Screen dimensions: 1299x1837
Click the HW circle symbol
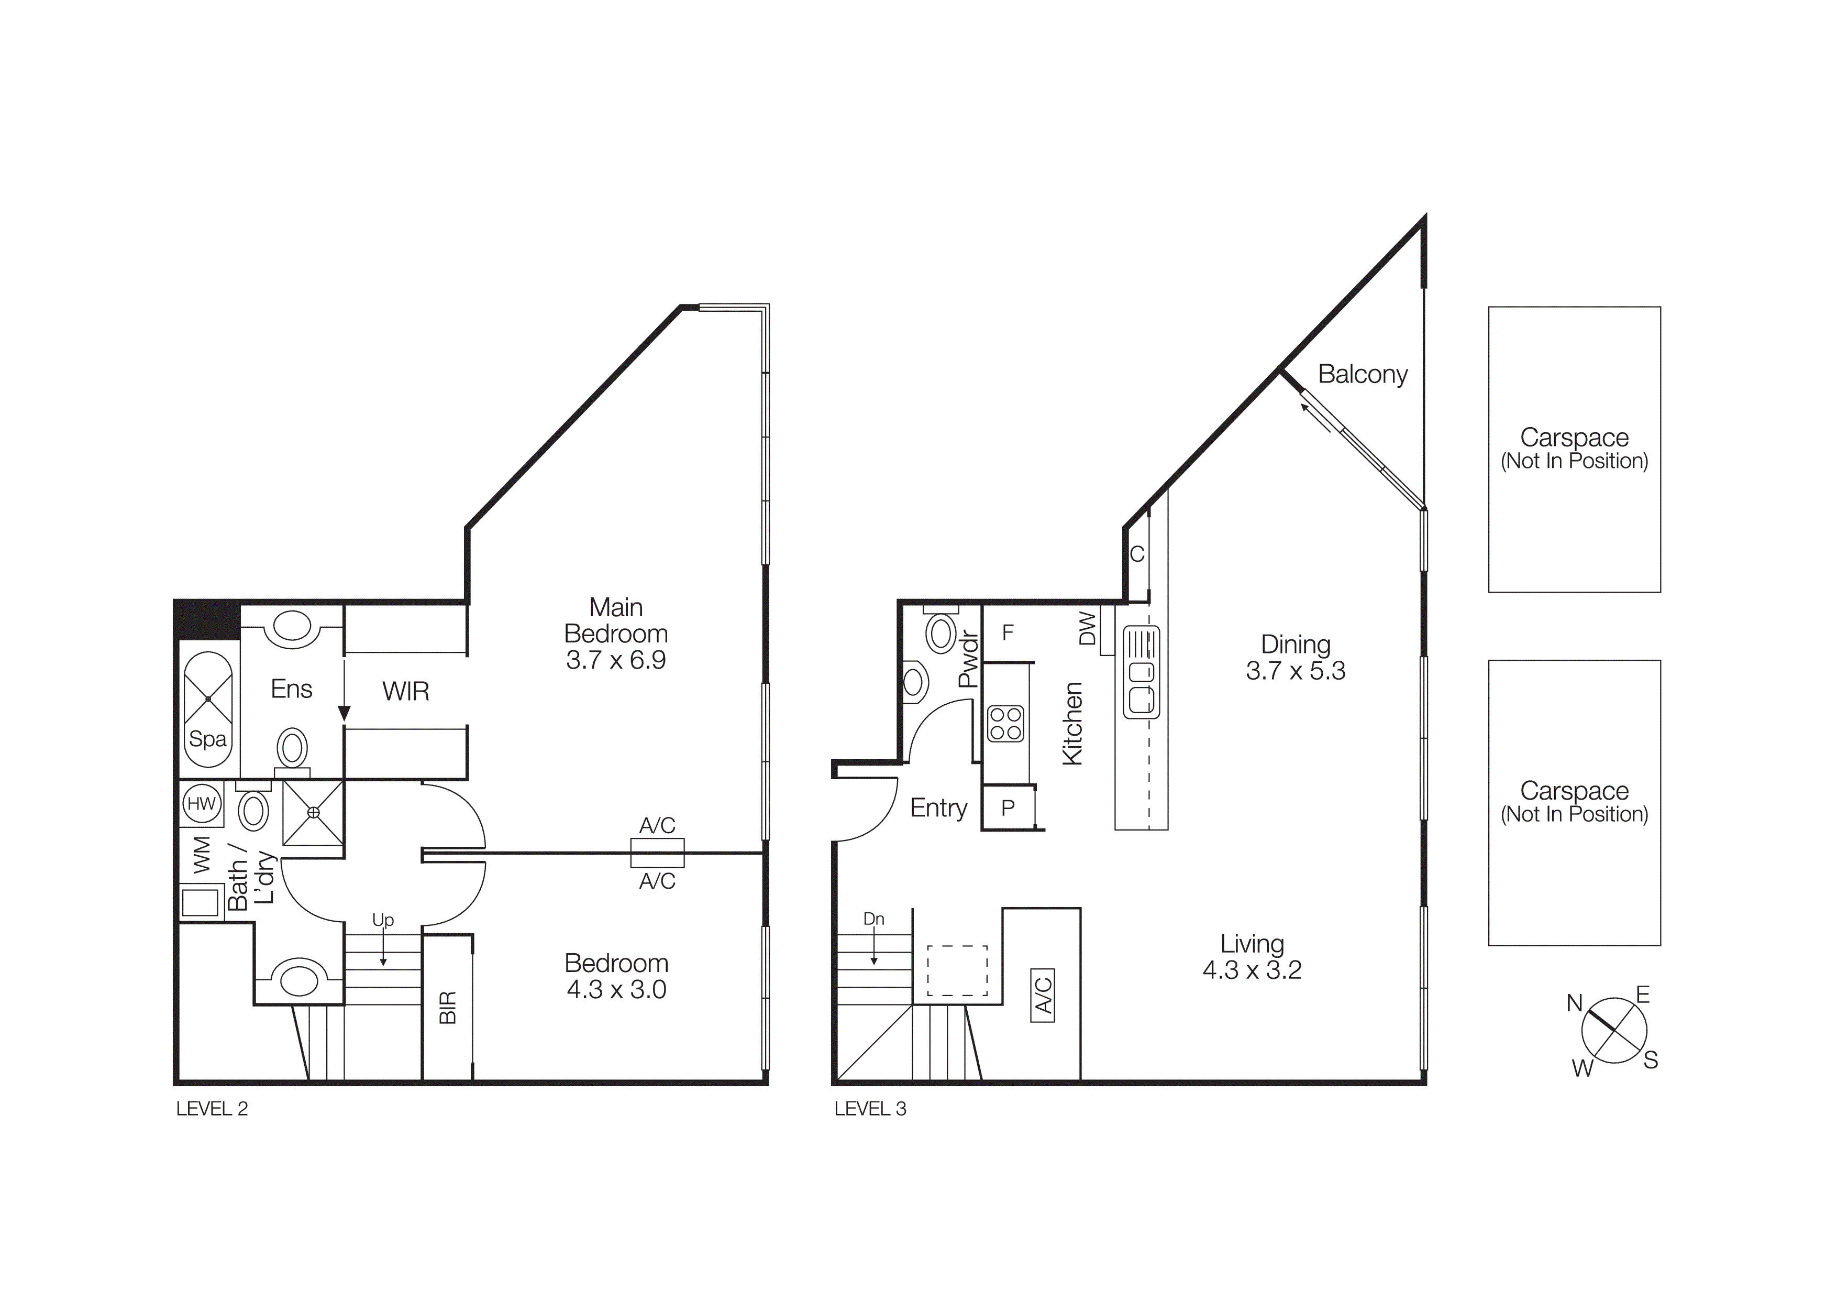click(x=202, y=804)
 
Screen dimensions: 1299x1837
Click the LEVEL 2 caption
click(x=212, y=1108)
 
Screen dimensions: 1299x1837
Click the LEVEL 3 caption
click(x=870, y=1108)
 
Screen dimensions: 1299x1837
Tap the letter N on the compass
click(x=1574, y=1003)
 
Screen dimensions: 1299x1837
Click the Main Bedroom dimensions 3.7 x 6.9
click(x=615, y=660)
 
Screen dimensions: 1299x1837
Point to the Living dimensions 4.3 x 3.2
click(x=1252, y=970)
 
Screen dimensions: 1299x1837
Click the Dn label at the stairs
click(x=873, y=919)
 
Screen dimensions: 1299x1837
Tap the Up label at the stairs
click(x=383, y=920)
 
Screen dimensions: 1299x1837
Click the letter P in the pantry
click(x=1008, y=807)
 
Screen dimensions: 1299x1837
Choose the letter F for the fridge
click(x=1008, y=632)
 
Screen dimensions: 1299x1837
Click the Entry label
click(x=938, y=807)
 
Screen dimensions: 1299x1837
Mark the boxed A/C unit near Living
click(x=1043, y=995)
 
